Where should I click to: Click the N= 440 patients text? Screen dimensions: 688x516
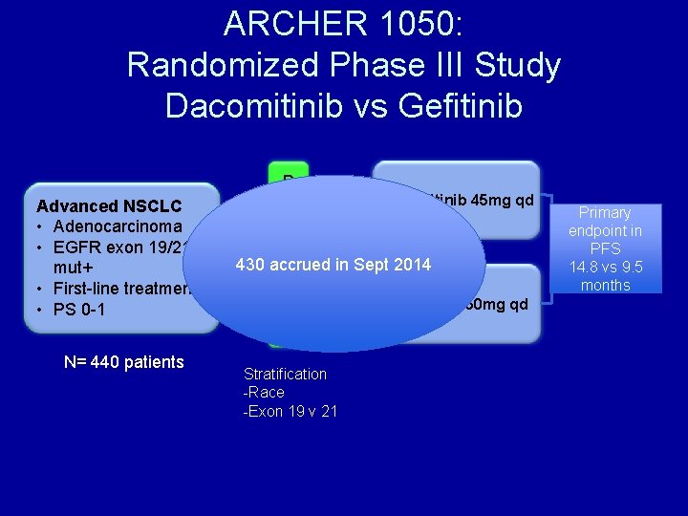pos(123,362)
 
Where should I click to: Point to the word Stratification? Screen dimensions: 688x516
pos(285,374)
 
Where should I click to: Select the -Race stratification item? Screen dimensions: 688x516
pos(264,392)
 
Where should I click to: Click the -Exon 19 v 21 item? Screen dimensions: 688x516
pos(290,411)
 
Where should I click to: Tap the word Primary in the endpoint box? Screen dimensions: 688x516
pos(605,213)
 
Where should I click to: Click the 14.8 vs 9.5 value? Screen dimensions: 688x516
pos(605,268)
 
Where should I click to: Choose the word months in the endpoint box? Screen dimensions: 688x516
pos(605,286)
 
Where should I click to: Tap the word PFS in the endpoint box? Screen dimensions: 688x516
pos(605,249)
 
